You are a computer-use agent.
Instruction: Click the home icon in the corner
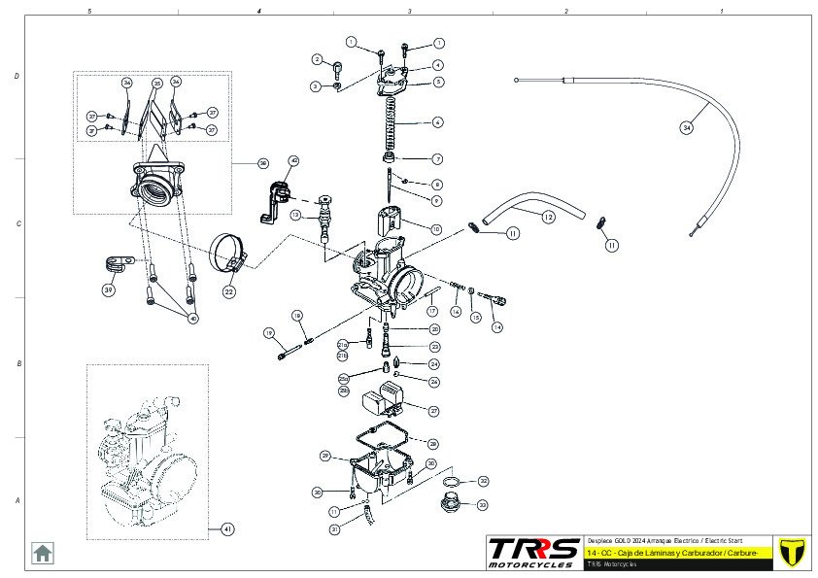(43, 552)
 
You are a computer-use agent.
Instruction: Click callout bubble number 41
(227, 529)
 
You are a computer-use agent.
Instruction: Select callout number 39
(109, 289)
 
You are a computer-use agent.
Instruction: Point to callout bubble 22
(229, 289)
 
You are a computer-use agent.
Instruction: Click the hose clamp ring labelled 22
(230, 250)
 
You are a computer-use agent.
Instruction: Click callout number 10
(437, 229)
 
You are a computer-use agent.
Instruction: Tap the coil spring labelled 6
(393, 123)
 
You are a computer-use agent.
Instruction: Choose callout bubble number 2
(317, 59)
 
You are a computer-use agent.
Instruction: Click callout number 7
(438, 158)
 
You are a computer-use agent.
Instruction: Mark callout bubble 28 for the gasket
(433, 443)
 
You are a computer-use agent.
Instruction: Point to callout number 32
(483, 481)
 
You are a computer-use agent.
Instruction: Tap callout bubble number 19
(268, 333)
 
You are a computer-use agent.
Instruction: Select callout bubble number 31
(335, 529)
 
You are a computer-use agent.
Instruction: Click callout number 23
(434, 347)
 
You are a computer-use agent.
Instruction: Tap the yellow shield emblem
(795, 551)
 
